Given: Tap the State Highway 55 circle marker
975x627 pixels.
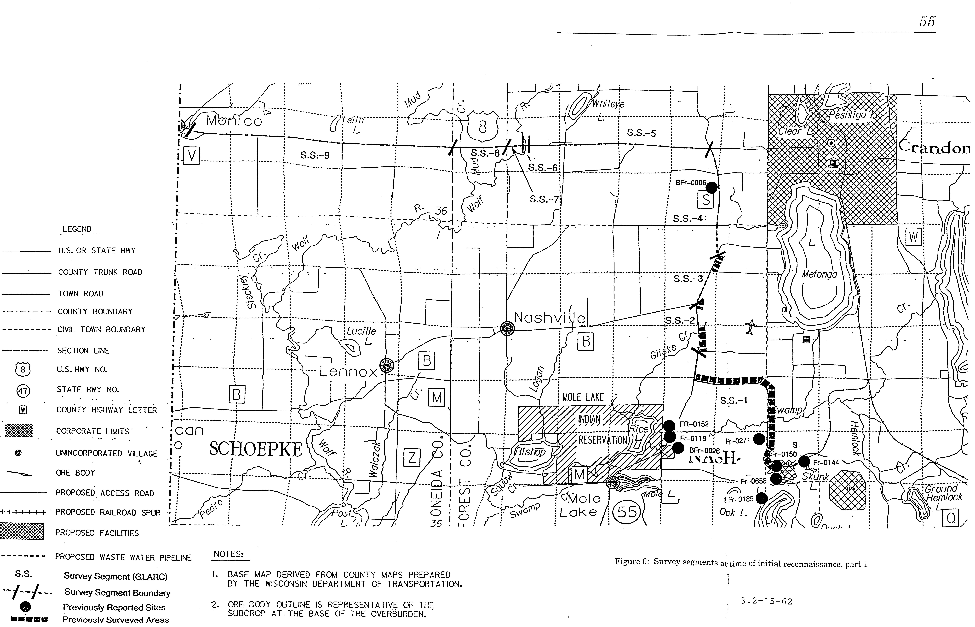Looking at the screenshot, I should [x=627, y=511].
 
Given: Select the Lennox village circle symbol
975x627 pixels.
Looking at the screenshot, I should [x=387, y=366].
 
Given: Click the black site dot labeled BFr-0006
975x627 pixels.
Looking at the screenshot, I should [x=711, y=188].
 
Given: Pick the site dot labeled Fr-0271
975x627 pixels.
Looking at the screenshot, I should [x=758, y=439].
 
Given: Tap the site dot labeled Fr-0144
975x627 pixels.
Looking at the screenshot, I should [x=804, y=462].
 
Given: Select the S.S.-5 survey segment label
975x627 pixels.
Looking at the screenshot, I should [x=641, y=133].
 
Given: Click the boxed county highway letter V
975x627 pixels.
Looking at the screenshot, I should [x=191, y=156].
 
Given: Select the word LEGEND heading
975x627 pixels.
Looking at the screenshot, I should [x=77, y=229].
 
